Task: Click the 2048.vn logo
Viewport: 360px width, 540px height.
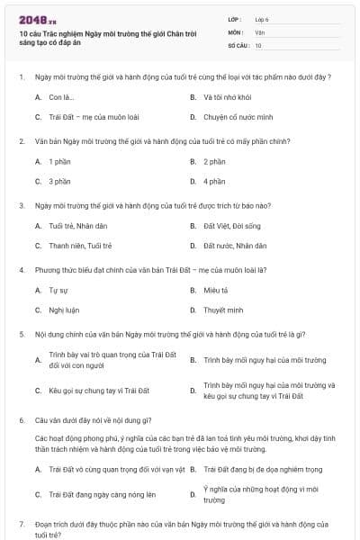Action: [38, 19]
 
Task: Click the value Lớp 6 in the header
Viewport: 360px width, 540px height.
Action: [262, 18]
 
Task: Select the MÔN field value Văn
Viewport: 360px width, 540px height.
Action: [259, 31]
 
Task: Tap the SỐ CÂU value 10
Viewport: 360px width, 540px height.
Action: [258, 45]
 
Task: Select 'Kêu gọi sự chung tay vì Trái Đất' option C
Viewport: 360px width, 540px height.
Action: [99, 391]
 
